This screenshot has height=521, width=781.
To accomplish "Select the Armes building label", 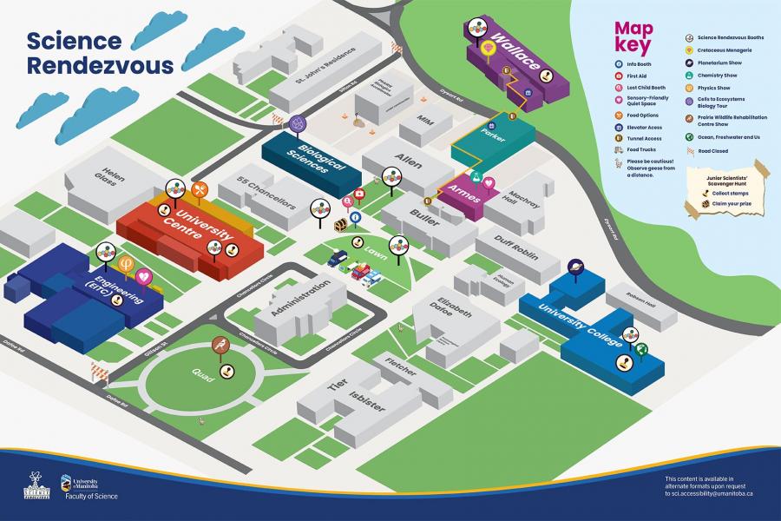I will tap(463, 194).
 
